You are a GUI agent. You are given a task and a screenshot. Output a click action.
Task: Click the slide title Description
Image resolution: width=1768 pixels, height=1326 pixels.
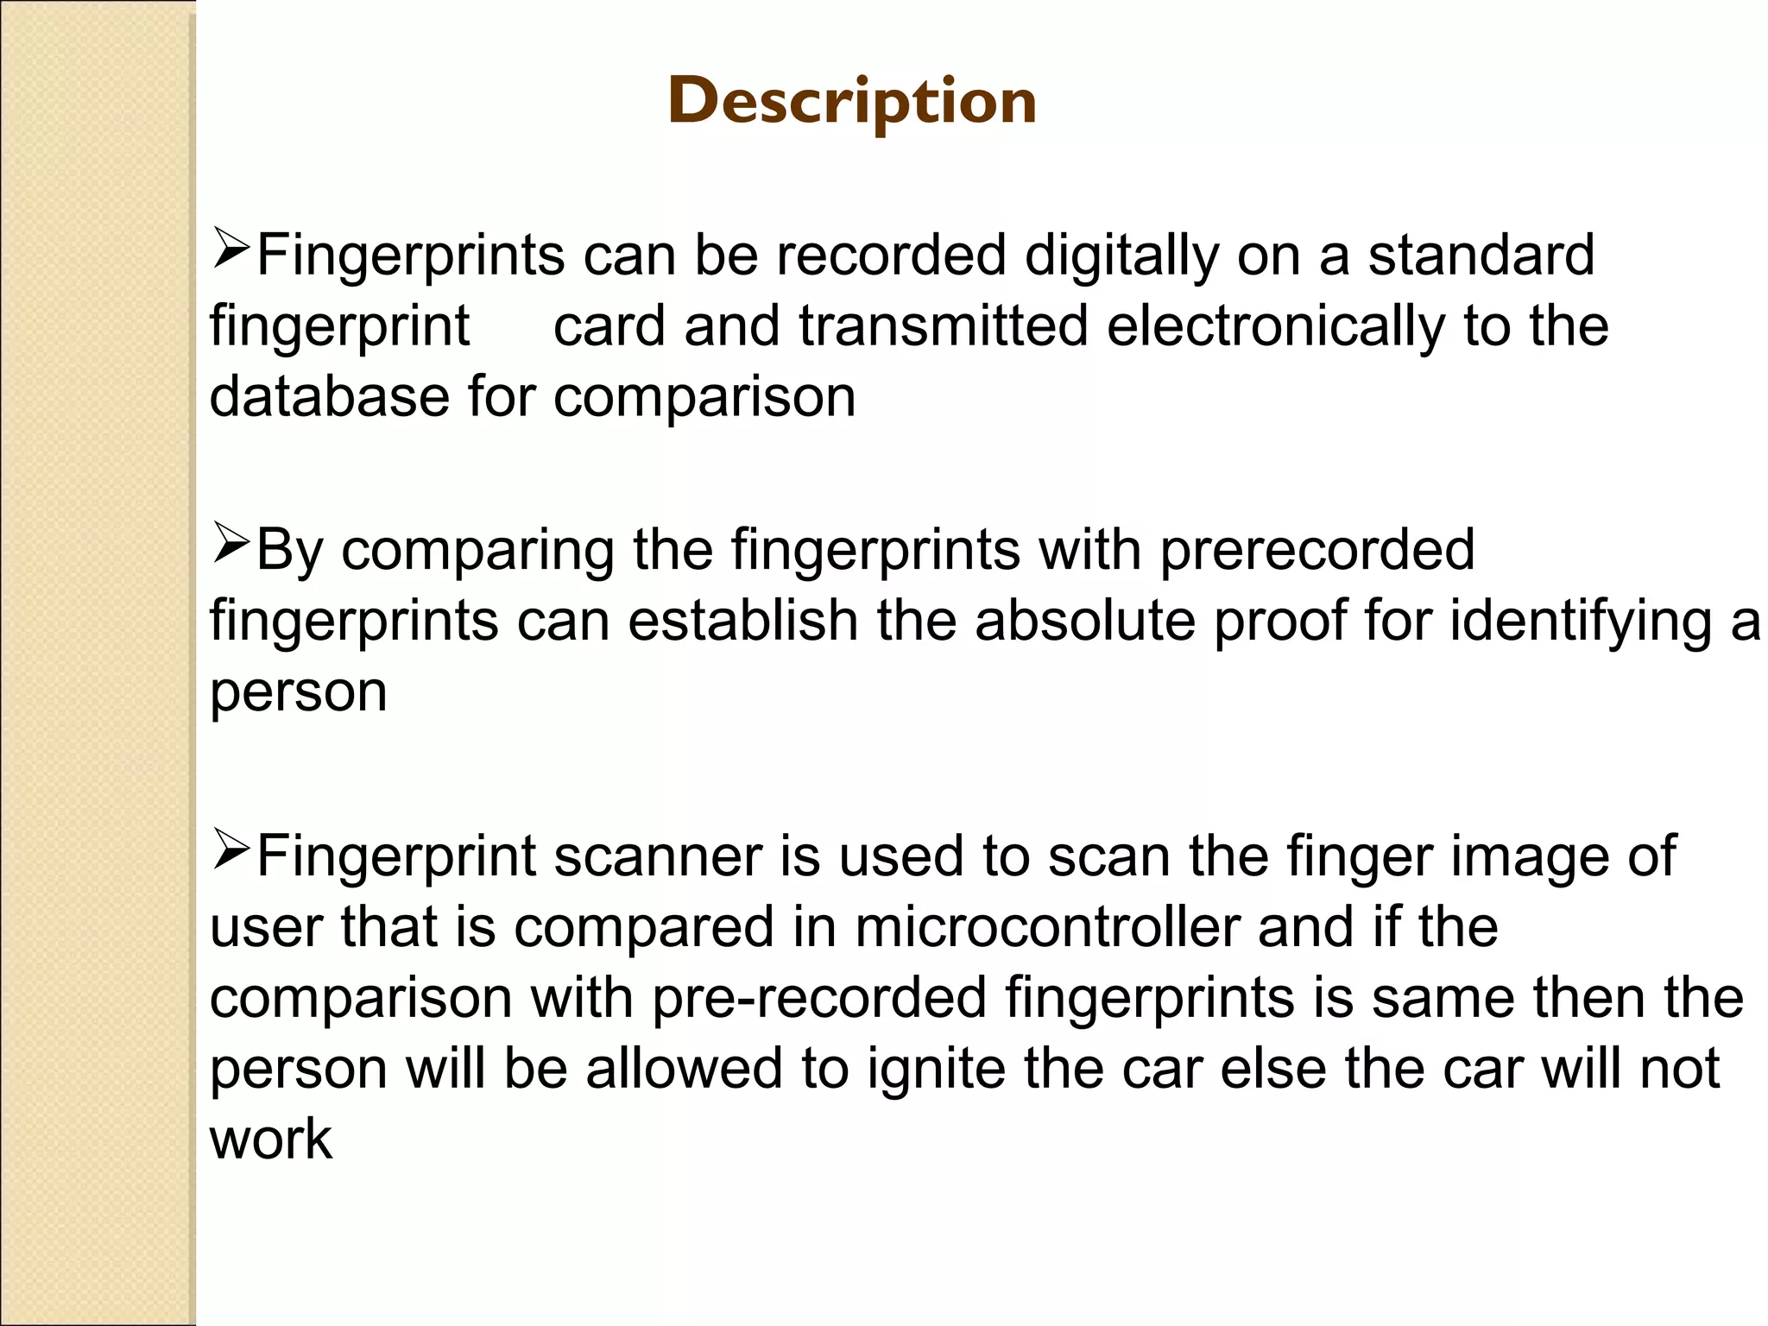coord(852,102)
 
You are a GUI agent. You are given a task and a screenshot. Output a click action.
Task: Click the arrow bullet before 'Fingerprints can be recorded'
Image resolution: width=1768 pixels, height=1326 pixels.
coord(230,251)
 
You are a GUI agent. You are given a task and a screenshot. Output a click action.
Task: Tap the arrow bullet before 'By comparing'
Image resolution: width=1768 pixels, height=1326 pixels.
coord(230,546)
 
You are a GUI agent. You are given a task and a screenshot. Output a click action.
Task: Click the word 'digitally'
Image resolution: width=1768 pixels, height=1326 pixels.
coord(1121,257)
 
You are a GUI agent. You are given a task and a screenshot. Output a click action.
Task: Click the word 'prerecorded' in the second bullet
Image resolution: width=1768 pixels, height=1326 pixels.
coord(1317,551)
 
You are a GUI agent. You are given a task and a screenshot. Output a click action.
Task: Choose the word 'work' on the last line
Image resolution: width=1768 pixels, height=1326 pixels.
coord(270,1140)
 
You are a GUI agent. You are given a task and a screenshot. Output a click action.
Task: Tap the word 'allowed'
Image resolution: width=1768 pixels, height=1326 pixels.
coord(683,1069)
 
